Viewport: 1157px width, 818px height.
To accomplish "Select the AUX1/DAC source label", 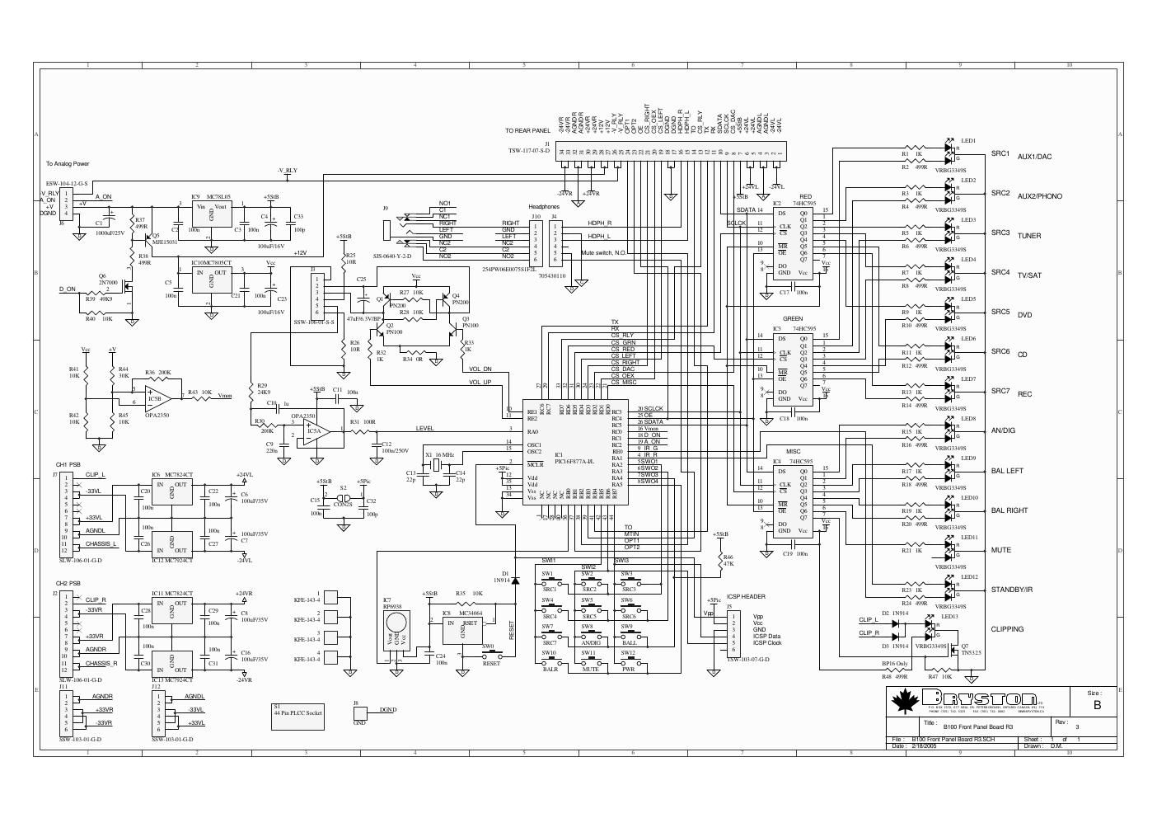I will pos(1034,157).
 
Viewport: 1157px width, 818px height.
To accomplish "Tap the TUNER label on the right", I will pos(1028,236).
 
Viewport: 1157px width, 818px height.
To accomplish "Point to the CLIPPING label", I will pos(1007,629).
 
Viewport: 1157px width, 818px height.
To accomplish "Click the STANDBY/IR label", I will pos(1012,590).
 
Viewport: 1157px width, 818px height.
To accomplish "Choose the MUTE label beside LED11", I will pos(1000,550).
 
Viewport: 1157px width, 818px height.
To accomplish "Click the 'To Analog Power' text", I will pos(68,163).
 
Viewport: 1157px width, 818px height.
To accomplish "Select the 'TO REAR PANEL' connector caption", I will pos(527,130).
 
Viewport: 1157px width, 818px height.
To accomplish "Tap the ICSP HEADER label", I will pos(747,596).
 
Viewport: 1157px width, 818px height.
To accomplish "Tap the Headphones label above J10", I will pos(544,206).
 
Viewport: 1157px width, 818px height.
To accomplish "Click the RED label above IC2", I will pos(805,197).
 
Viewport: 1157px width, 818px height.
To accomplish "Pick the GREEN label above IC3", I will pos(793,318).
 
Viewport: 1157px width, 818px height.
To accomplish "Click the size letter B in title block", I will pos(1097,705).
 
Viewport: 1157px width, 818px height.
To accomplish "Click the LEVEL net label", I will pos(424,429).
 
